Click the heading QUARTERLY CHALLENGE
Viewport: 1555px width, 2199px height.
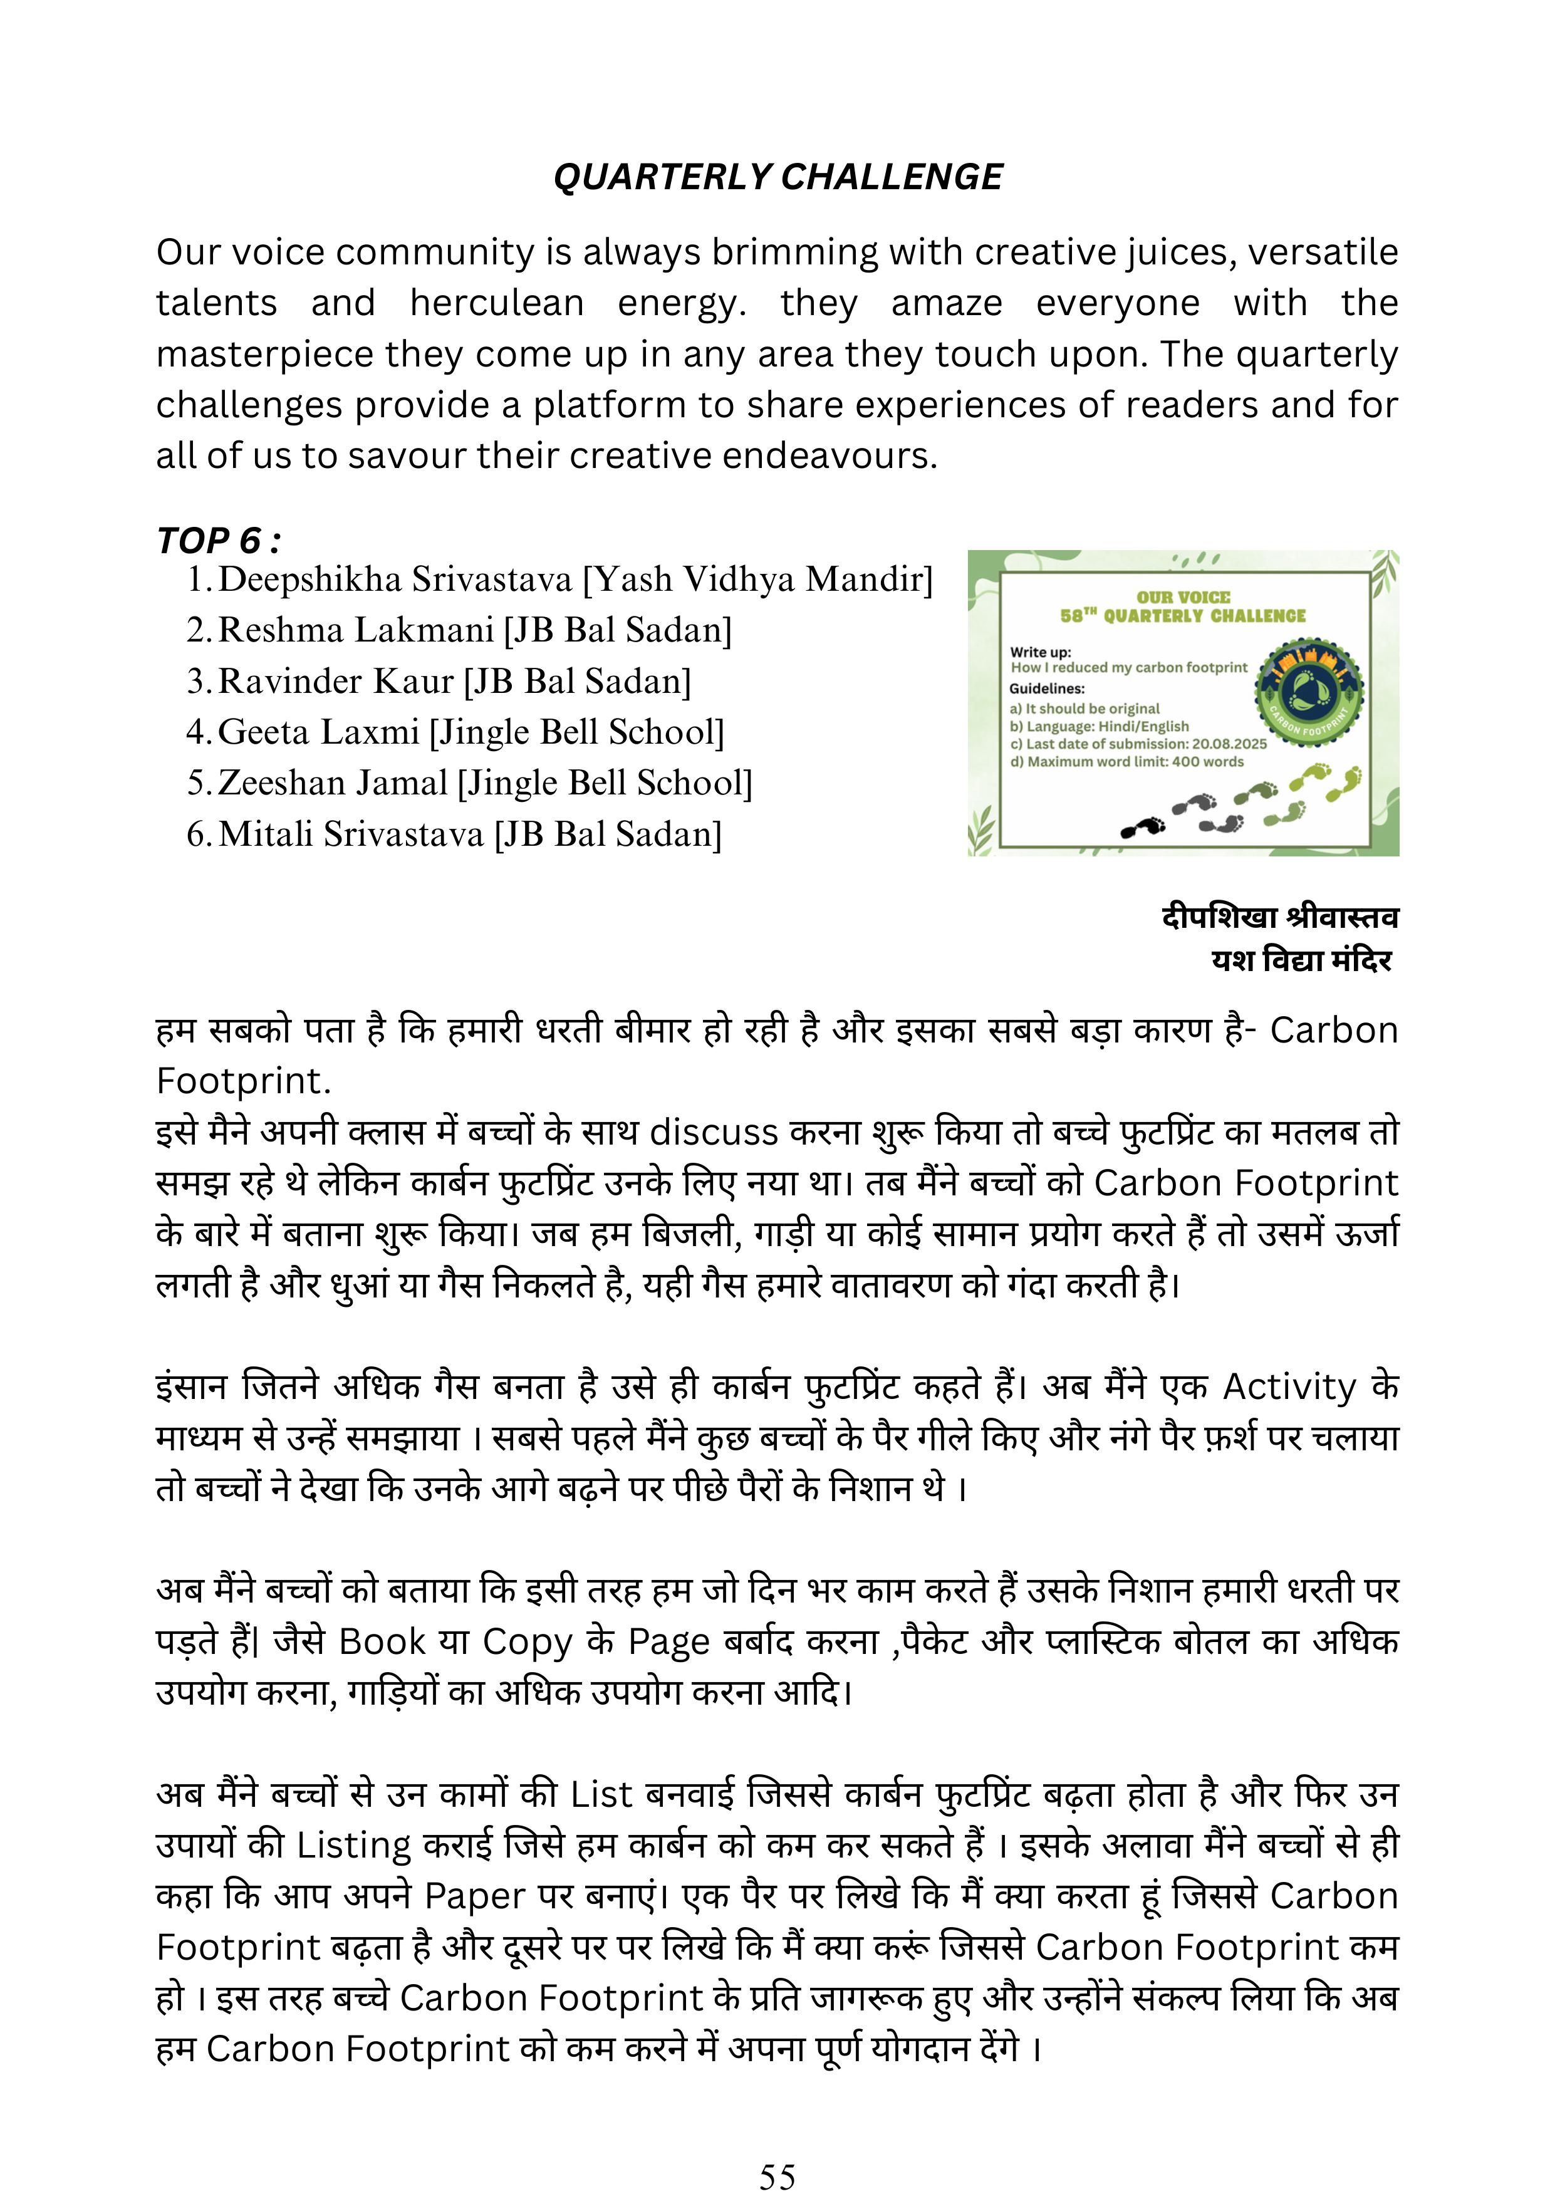tap(777, 177)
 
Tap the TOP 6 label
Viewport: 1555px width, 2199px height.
tap(218, 541)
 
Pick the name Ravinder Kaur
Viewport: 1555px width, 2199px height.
tap(335, 681)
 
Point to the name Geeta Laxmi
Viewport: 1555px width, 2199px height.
tap(319, 732)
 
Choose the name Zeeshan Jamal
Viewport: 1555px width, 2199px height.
tap(332, 782)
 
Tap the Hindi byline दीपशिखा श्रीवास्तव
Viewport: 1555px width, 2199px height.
tap(1279, 918)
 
